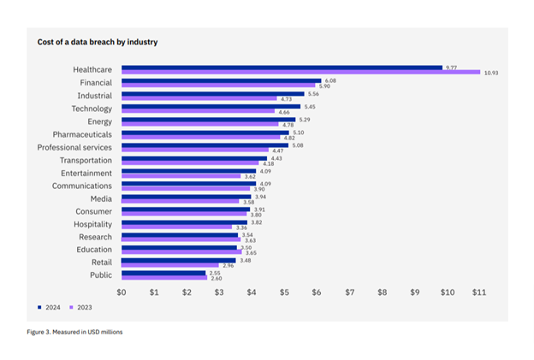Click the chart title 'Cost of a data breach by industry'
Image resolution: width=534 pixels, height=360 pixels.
tap(97, 42)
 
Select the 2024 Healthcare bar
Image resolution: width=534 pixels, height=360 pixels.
tap(281, 67)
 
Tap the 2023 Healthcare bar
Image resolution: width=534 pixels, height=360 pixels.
tap(300, 73)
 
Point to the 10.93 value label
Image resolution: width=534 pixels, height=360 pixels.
tap(489, 74)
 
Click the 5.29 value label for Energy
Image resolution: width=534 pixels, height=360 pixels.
tap(304, 120)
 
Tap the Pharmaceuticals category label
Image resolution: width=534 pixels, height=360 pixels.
tap(82, 134)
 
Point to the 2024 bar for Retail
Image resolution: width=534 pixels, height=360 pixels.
tap(178, 259)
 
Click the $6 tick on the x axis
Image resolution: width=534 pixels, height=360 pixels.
tap(317, 292)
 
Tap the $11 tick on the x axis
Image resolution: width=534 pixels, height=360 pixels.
tap(479, 292)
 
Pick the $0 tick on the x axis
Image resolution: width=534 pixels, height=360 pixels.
tap(122, 292)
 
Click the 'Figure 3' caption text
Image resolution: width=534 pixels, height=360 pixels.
tap(75, 332)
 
